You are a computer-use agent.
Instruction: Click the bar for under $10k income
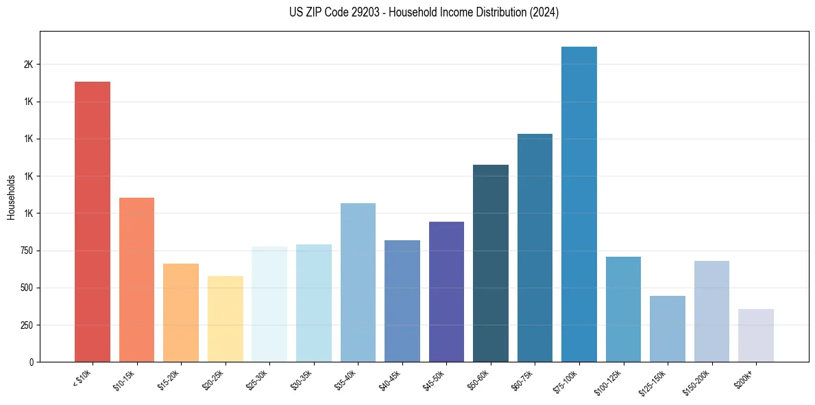(x=93, y=222)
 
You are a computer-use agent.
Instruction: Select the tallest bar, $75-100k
(x=579, y=204)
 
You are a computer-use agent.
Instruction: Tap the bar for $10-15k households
(x=136, y=279)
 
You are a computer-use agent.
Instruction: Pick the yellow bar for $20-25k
(x=226, y=319)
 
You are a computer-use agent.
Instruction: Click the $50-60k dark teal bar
(x=491, y=263)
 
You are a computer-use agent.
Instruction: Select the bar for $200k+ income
(x=756, y=335)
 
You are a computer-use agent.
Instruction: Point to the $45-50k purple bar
(x=446, y=292)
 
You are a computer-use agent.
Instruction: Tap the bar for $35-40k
(x=358, y=282)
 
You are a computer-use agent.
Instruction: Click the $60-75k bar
(x=535, y=248)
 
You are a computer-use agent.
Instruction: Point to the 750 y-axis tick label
(x=27, y=251)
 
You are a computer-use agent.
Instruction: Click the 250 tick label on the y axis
(x=27, y=325)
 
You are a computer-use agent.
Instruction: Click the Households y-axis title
(x=11, y=198)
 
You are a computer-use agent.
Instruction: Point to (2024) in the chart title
(x=544, y=12)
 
